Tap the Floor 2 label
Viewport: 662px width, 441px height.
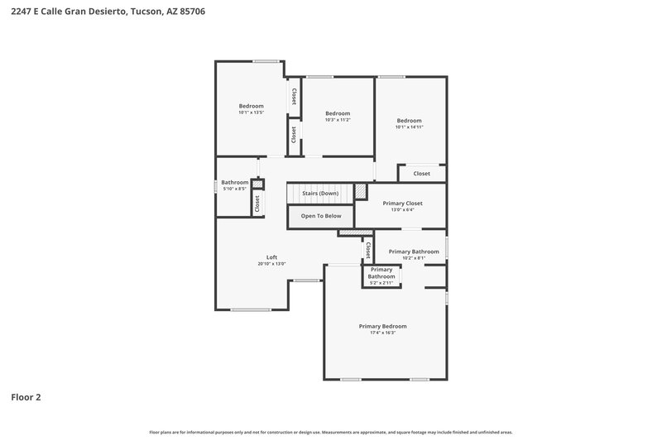tap(26, 397)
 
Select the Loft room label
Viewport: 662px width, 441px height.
tap(271, 256)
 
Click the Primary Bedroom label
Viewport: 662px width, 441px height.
tap(382, 326)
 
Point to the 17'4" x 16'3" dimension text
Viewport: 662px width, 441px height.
tap(382, 333)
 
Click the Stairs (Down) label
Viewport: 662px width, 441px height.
tap(319, 194)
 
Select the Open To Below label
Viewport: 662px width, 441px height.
tap(320, 216)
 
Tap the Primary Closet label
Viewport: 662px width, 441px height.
tap(403, 203)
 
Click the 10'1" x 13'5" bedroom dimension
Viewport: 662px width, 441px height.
tap(251, 113)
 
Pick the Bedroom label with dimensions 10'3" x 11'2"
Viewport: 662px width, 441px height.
tap(338, 113)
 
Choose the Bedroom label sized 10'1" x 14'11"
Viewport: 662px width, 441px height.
tap(409, 121)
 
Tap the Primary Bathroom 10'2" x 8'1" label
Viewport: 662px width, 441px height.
tap(413, 252)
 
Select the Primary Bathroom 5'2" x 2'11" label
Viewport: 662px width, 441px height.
tap(381, 273)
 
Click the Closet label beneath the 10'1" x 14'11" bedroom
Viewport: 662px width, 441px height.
tap(421, 174)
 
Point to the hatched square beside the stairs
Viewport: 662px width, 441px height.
tap(360, 191)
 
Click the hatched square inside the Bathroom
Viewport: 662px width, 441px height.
tap(257, 184)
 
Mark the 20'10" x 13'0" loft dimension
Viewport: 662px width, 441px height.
tap(271, 264)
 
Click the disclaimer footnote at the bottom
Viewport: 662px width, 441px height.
tap(331, 432)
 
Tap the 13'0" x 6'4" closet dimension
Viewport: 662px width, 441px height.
tap(403, 210)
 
